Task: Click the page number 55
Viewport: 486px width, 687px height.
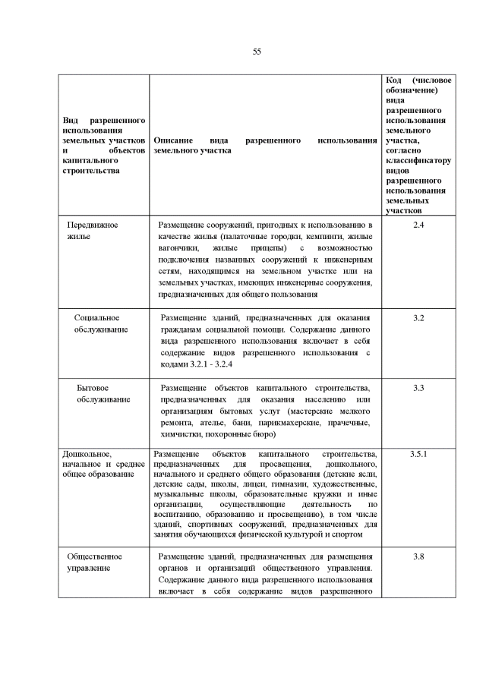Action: point(257,51)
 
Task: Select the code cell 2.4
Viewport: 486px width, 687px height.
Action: point(418,225)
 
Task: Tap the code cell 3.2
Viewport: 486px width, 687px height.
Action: point(418,317)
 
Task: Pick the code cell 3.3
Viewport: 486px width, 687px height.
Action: point(418,388)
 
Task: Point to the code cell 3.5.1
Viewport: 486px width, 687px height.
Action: point(418,454)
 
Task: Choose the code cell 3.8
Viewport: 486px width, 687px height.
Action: point(418,557)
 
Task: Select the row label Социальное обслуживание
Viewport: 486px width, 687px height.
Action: point(100,323)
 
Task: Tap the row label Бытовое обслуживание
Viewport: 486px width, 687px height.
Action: point(103,393)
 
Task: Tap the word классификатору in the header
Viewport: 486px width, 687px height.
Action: point(418,161)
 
